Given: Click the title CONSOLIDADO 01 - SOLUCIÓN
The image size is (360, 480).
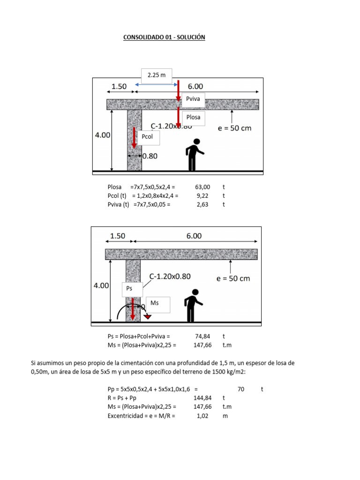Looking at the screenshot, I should (164, 37).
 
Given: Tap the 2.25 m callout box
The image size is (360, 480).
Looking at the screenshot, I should (157, 75).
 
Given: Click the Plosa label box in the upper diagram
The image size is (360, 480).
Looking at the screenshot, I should (194, 117).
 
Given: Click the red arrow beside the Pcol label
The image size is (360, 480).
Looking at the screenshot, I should (134, 141).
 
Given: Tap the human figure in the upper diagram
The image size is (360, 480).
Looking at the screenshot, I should (194, 154).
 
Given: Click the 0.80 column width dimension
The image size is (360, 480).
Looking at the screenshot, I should (149, 156).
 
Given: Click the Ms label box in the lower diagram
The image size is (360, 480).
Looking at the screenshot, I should (157, 304).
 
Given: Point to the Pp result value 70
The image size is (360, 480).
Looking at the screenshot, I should (241, 389).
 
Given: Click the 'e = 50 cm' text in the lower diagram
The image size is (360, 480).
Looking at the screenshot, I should (233, 278).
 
